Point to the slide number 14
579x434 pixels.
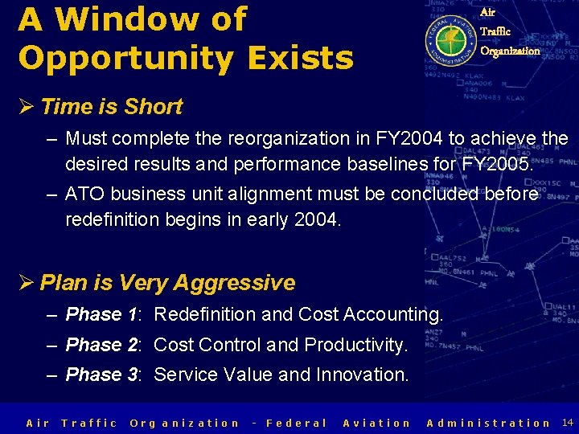567,422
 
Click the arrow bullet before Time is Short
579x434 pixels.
27,106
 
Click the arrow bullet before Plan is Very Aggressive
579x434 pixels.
27,283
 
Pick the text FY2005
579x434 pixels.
495,164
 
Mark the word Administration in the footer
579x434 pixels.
489,423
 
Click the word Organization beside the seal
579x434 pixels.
510,51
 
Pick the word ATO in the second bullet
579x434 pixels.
82,194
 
